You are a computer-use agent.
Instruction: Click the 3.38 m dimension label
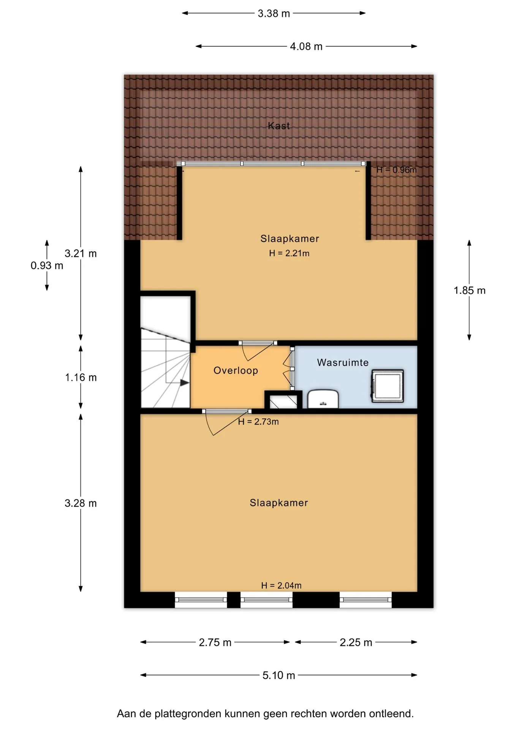click(274, 13)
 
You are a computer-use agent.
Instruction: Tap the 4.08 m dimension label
click(306, 46)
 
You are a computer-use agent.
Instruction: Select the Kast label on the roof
click(279, 126)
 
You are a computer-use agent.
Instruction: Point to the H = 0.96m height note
click(396, 170)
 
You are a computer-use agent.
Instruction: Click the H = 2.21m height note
click(289, 253)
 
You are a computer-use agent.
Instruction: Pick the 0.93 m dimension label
click(47, 265)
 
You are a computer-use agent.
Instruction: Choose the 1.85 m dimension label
click(469, 290)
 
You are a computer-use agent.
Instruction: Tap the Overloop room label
click(236, 370)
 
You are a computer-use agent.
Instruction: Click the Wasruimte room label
click(343, 363)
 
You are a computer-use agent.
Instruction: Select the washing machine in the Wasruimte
click(387, 386)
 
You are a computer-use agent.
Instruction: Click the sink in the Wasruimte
click(323, 399)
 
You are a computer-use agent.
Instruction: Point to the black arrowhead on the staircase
click(185, 383)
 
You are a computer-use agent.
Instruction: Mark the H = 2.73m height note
click(258, 422)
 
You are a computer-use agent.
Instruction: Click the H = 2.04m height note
click(281, 585)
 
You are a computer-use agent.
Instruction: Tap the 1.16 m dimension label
click(81, 377)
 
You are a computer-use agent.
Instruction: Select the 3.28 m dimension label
click(81, 503)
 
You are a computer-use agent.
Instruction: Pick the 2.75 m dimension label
click(215, 642)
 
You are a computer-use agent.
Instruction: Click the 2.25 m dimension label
click(356, 642)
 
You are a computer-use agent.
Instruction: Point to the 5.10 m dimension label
click(279, 675)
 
